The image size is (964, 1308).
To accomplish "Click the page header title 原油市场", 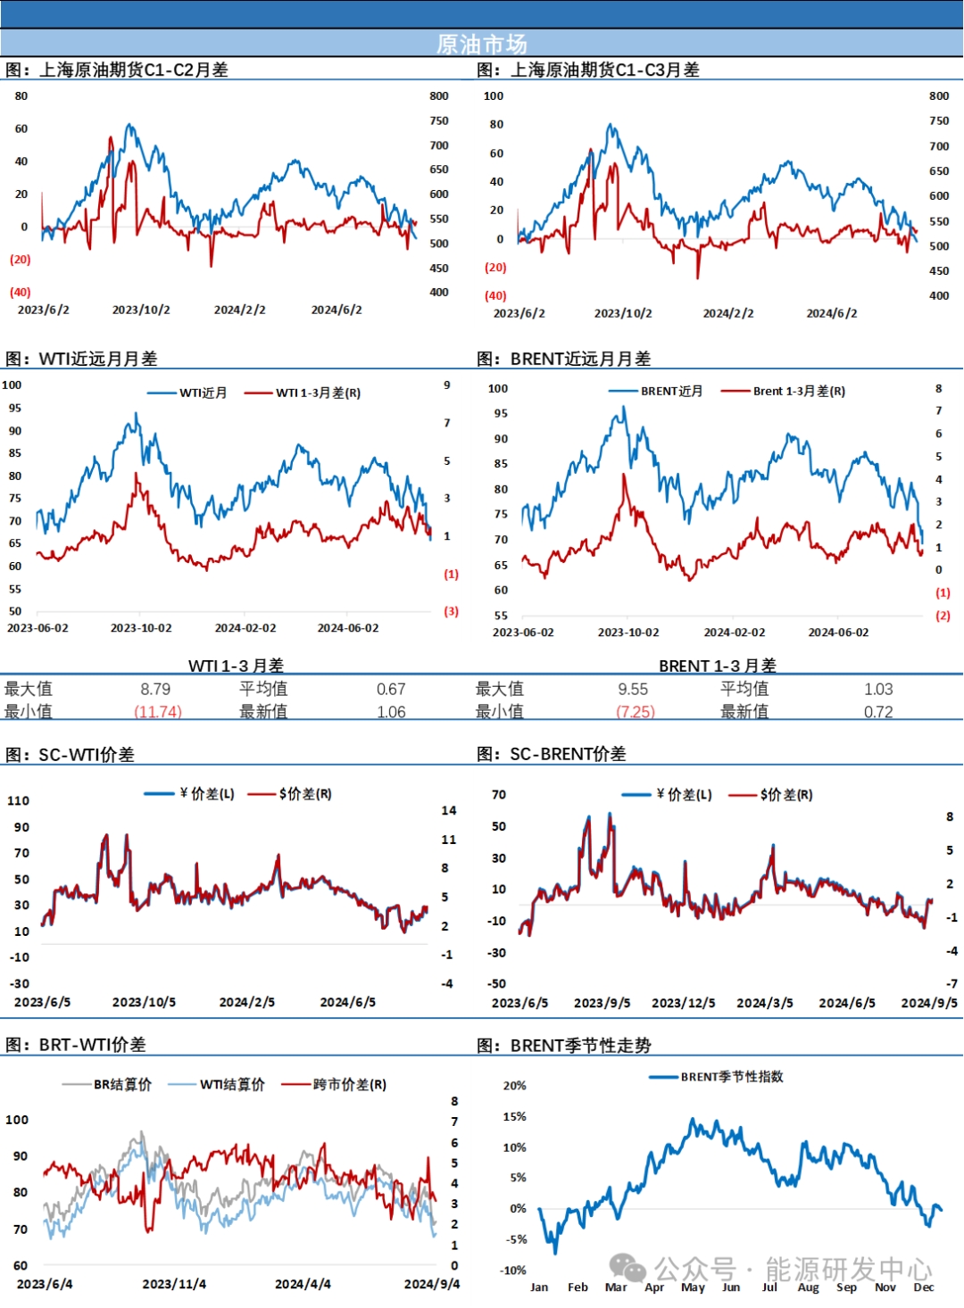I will (481, 44).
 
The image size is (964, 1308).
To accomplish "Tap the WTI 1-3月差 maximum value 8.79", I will (155, 689).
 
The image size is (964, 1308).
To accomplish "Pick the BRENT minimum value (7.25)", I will (635, 712).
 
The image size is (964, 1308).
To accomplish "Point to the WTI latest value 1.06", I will (391, 712).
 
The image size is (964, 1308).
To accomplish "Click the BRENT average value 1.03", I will (878, 689).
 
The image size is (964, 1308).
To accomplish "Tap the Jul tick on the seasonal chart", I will (769, 1287).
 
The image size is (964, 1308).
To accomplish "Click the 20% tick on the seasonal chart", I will (515, 1086).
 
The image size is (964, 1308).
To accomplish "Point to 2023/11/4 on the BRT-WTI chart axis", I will (174, 1284).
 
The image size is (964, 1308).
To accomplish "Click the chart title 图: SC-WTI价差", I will (71, 755).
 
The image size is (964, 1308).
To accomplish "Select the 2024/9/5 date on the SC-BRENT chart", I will (929, 1003).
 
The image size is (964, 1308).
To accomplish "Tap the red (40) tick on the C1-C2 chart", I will (21, 292).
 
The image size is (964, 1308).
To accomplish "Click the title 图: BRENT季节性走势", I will (564, 1045).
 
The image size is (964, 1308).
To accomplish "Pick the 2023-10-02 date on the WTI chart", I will (141, 628).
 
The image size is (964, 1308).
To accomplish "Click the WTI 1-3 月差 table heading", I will (236, 666).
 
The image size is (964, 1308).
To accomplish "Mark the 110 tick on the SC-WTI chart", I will (19, 800).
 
